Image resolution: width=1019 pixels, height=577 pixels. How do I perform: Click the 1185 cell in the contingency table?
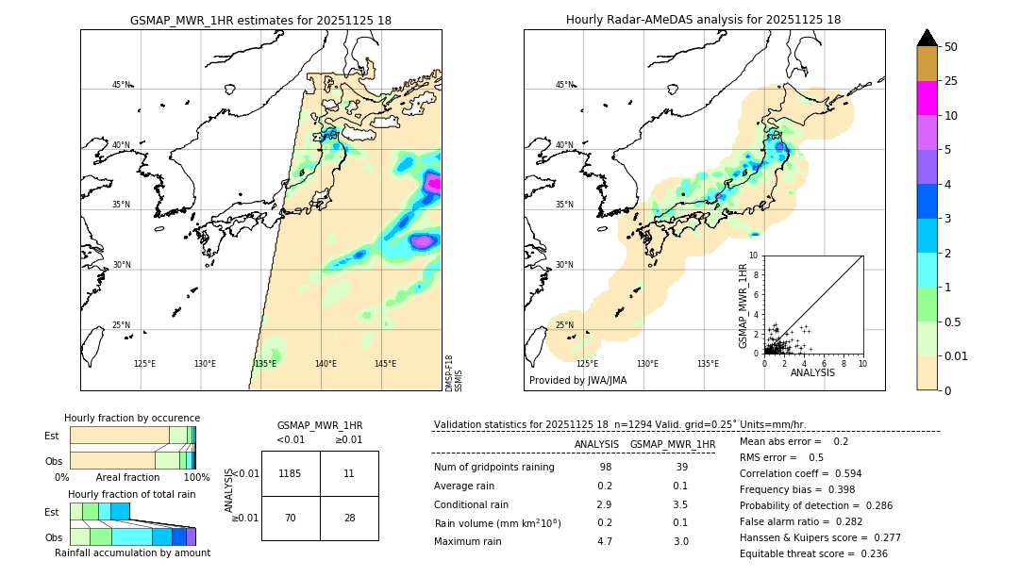(x=291, y=473)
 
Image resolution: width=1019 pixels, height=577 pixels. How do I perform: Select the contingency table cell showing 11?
(x=349, y=473)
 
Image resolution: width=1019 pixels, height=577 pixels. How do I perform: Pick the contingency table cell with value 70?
(x=291, y=518)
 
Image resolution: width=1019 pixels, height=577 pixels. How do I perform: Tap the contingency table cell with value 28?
(x=349, y=518)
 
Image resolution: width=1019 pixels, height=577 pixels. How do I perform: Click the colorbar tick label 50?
(x=951, y=47)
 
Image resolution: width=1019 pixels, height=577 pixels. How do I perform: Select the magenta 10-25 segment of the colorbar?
(x=927, y=98)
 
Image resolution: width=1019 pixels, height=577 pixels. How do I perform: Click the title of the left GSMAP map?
(x=260, y=20)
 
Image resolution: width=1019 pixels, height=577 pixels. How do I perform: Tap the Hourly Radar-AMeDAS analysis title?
(x=703, y=20)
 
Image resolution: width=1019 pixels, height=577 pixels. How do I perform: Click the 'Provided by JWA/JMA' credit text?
(x=577, y=381)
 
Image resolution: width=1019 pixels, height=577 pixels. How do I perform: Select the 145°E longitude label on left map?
(x=385, y=364)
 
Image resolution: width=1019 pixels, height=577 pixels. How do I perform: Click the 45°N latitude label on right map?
(x=564, y=85)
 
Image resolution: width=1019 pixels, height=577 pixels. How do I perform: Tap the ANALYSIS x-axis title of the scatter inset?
(x=812, y=372)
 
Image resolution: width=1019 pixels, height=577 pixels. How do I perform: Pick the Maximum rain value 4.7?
(x=604, y=541)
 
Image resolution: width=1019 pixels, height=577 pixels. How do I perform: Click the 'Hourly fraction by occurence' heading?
(x=132, y=418)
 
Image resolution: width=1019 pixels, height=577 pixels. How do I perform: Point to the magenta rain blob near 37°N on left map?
(x=432, y=184)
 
